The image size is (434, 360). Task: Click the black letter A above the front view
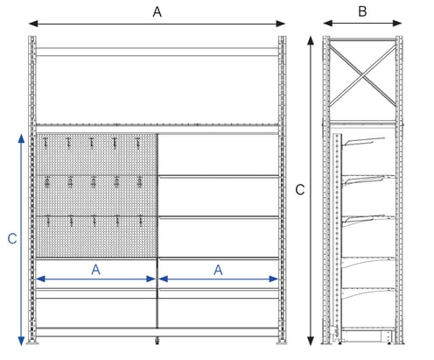157,12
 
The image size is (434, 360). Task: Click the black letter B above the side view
362,11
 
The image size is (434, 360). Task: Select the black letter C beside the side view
300,190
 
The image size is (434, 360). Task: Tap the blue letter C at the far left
12,239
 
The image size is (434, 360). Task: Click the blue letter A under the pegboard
95,270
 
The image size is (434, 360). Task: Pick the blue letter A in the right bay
218,270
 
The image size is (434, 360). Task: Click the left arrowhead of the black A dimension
33,24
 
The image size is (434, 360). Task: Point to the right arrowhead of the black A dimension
281,24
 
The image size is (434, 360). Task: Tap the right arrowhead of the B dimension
397,23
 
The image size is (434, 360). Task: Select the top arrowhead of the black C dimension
311,40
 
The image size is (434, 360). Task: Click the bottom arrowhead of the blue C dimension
21,341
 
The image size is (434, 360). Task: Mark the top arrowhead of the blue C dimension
21,138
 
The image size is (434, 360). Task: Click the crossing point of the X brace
362,75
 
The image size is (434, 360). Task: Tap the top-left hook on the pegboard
45,143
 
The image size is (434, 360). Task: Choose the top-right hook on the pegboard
138,143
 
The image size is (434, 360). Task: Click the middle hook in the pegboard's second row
94,182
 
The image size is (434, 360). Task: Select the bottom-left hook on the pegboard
48,222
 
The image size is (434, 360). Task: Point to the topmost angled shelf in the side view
364,141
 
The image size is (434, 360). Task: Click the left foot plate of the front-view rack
32,343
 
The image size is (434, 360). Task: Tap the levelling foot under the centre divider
157,341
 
